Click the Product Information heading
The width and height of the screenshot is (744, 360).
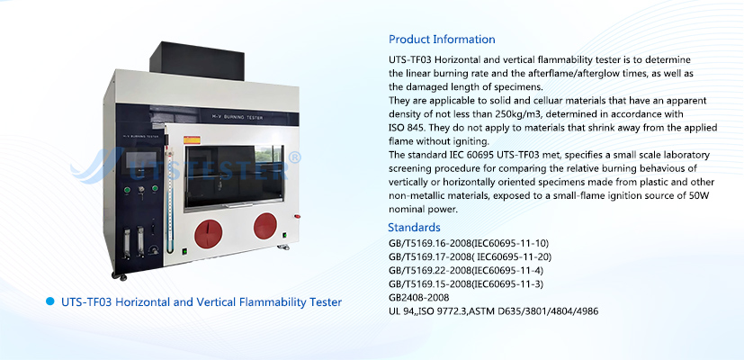click(442, 40)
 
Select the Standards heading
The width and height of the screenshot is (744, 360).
click(414, 227)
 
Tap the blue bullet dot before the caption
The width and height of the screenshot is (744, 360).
click(49, 301)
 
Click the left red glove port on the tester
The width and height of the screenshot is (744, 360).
click(209, 233)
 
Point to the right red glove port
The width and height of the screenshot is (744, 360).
click(265, 226)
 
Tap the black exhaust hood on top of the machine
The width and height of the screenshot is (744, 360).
click(197, 60)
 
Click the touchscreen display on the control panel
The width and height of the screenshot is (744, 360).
click(141, 160)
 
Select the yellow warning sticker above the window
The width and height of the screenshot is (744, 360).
click(193, 140)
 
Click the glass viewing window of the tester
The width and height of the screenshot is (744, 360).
click(235, 176)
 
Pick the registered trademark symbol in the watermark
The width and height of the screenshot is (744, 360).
click(295, 158)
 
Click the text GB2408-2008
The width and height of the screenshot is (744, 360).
click(418, 298)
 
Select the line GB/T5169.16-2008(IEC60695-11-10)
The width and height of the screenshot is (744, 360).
click(469, 244)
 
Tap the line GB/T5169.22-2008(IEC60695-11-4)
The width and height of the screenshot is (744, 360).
click(466, 271)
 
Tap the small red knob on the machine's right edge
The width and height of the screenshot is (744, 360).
click(297, 217)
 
